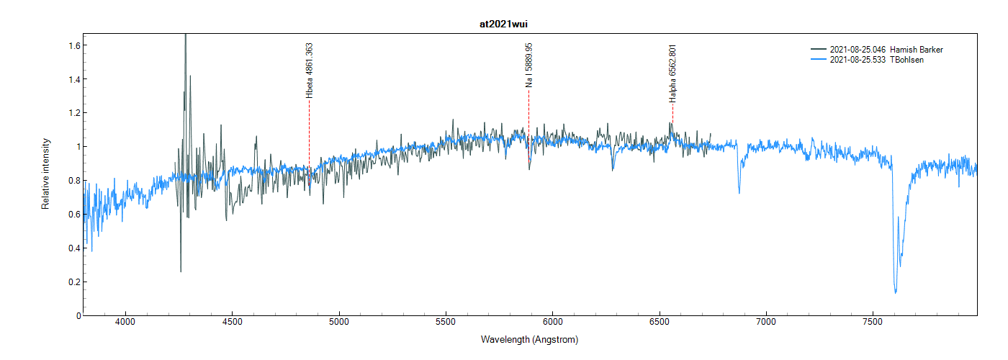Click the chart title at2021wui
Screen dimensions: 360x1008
tap(504, 24)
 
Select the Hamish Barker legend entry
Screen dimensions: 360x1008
tap(886, 50)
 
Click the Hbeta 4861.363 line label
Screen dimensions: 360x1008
tap(310, 70)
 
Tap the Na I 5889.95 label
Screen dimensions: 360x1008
tap(529, 65)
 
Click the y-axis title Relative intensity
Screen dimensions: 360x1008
tap(45, 174)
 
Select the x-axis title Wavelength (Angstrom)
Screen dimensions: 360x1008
tap(529, 339)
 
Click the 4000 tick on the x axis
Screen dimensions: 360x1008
tap(125, 324)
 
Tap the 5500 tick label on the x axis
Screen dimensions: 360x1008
tap(446, 324)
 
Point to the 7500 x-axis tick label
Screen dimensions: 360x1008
tap(873, 324)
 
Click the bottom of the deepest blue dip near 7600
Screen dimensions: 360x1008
tap(896, 292)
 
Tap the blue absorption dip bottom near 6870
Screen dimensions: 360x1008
tap(739, 192)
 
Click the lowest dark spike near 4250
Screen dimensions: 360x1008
tap(181, 271)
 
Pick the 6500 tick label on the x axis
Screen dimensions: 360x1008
tap(660, 324)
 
